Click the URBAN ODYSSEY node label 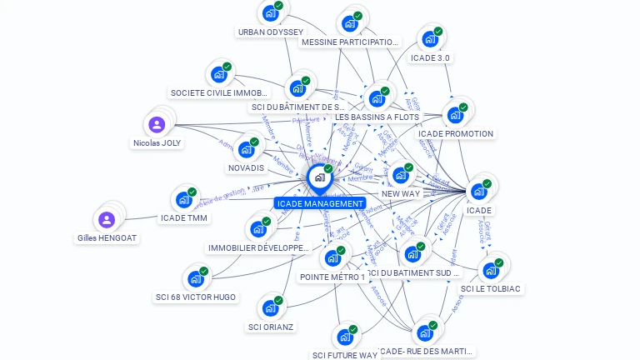pyautogui.click(x=271, y=32)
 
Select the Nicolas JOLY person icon pyautogui.click(x=157, y=125)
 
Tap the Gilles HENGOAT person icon pyautogui.click(x=106, y=220)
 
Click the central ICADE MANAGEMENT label pyautogui.click(x=321, y=203)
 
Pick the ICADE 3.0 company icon pyautogui.click(x=430, y=39)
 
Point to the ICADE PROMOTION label pyautogui.click(x=456, y=133)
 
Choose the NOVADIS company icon pyautogui.click(x=246, y=150)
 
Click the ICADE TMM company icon pyautogui.click(x=184, y=201)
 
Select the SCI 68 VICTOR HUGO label pyautogui.click(x=196, y=297)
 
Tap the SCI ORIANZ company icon pyautogui.click(x=271, y=307)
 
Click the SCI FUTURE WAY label pyautogui.click(x=345, y=355)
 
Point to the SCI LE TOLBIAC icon pyautogui.click(x=491, y=270)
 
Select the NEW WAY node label pyautogui.click(x=401, y=193)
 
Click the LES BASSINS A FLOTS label pyautogui.click(x=377, y=117)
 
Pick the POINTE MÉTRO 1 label pyautogui.click(x=332, y=277)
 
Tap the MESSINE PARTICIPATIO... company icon pyautogui.click(x=350, y=23)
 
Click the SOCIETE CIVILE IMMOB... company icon pyautogui.click(x=219, y=75)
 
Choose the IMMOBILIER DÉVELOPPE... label pyautogui.click(x=258, y=247)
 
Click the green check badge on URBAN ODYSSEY pyautogui.click(x=278, y=5)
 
